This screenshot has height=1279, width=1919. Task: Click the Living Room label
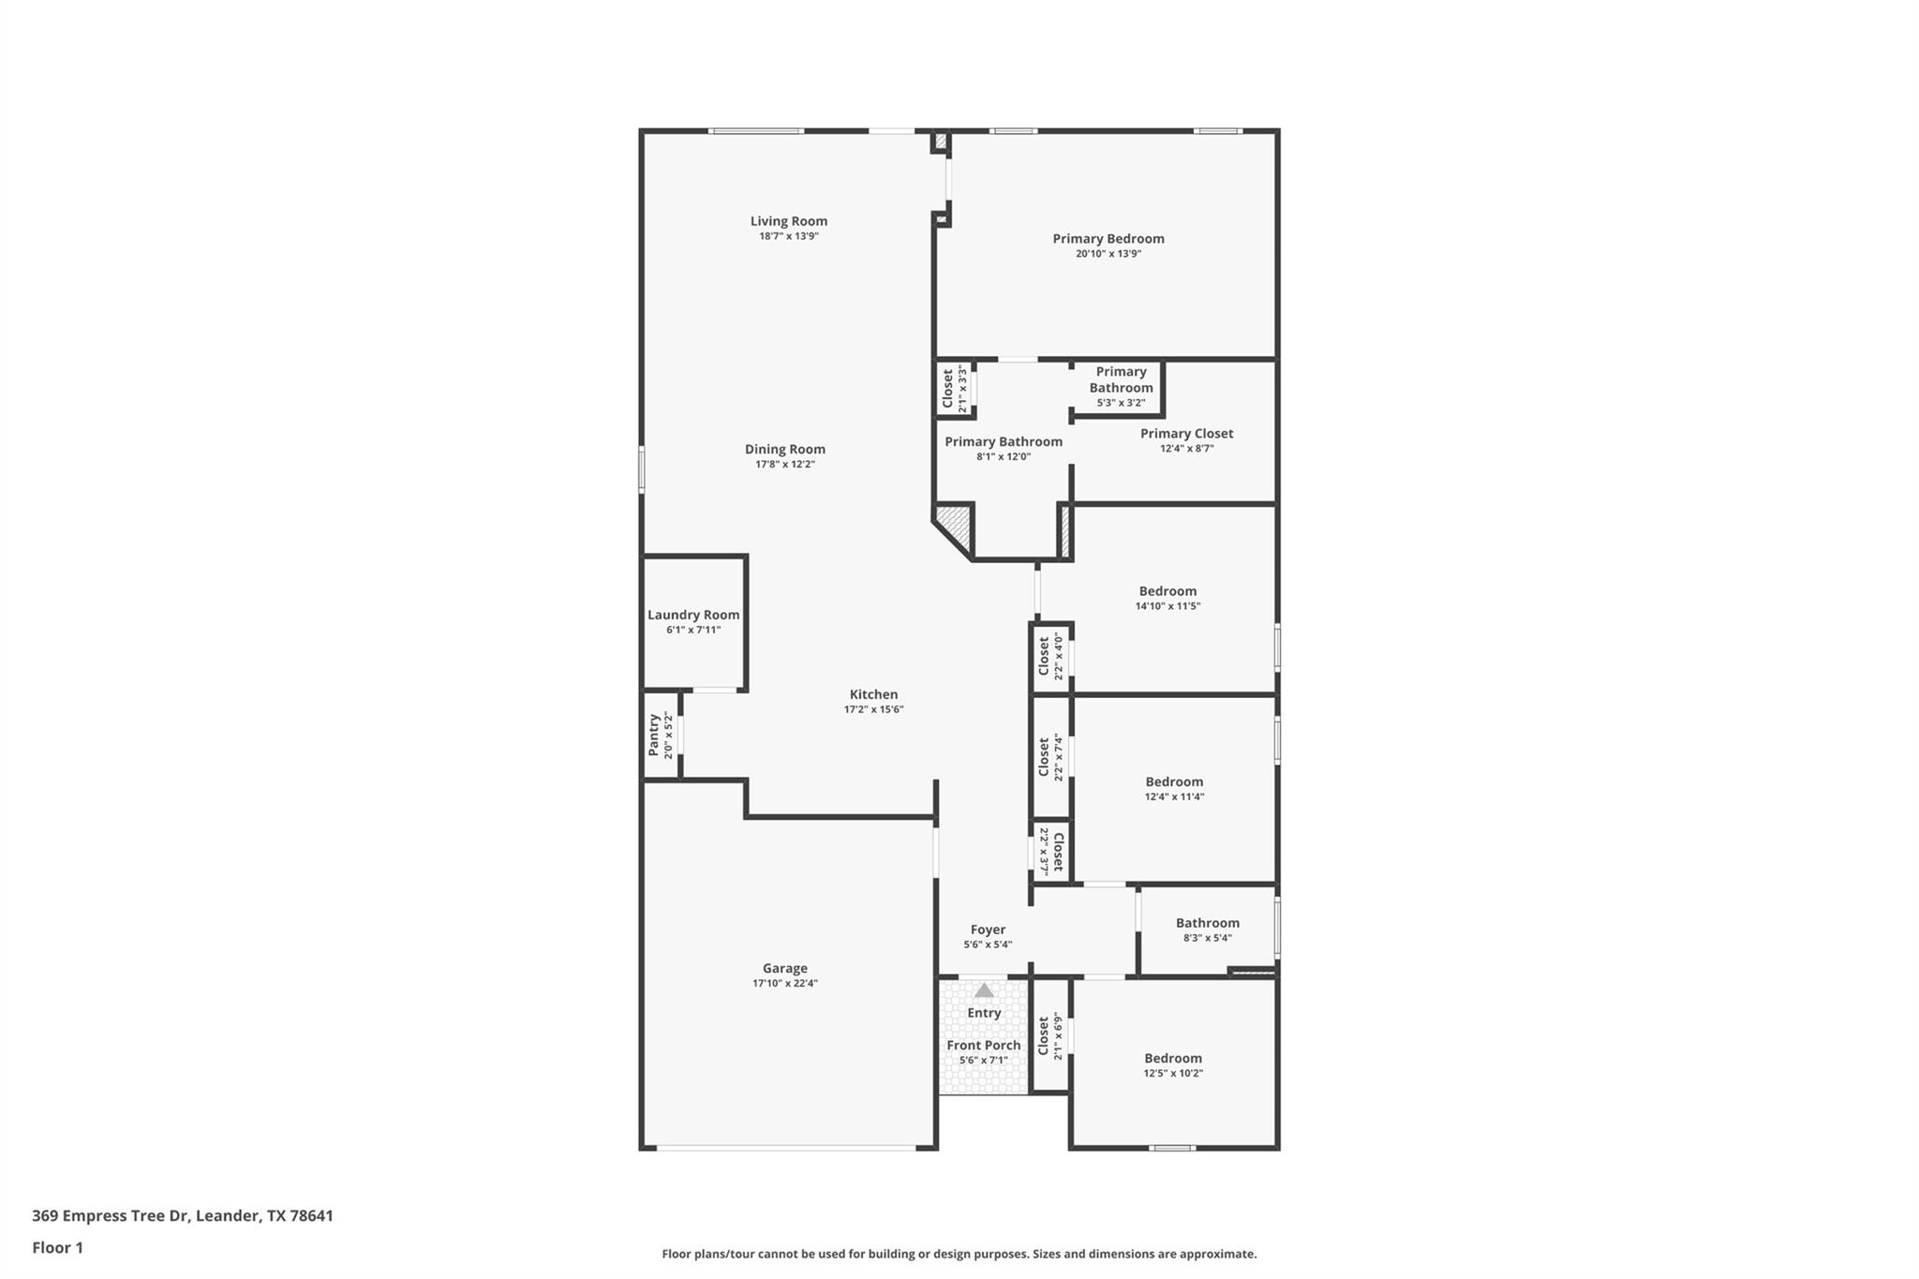pyautogui.click(x=788, y=222)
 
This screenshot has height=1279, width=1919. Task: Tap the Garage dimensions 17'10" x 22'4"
pyautogui.click(x=784, y=984)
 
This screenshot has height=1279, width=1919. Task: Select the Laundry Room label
pyautogui.click(x=693, y=616)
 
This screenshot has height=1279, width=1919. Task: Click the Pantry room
pyautogui.click(x=661, y=736)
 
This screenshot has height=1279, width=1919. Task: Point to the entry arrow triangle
pyautogui.click(x=984, y=990)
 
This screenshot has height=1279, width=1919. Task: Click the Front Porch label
pyautogui.click(x=983, y=1046)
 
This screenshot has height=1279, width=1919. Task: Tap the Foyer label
pyautogui.click(x=988, y=930)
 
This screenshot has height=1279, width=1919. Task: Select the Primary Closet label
pyautogui.click(x=1186, y=434)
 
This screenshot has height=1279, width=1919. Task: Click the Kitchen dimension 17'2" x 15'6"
pyautogui.click(x=873, y=710)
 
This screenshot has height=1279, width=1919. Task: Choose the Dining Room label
pyautogui.click(x=784, y=450)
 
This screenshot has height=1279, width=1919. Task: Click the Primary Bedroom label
pyautogui.click(x=1108, y=239)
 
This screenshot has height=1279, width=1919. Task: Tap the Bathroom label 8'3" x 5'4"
pyautogui.click(x=1207, y=924)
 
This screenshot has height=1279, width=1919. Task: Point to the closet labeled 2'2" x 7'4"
pyautogui.click(x=1050, y=757)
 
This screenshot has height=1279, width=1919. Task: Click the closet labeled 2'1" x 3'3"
pyautogui.click(x=954, y=389)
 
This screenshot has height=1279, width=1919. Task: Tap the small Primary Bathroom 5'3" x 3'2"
pyautogui.click(x=1121, y=387)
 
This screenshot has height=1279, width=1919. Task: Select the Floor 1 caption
pyautogui.click(x=57, y=1248)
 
